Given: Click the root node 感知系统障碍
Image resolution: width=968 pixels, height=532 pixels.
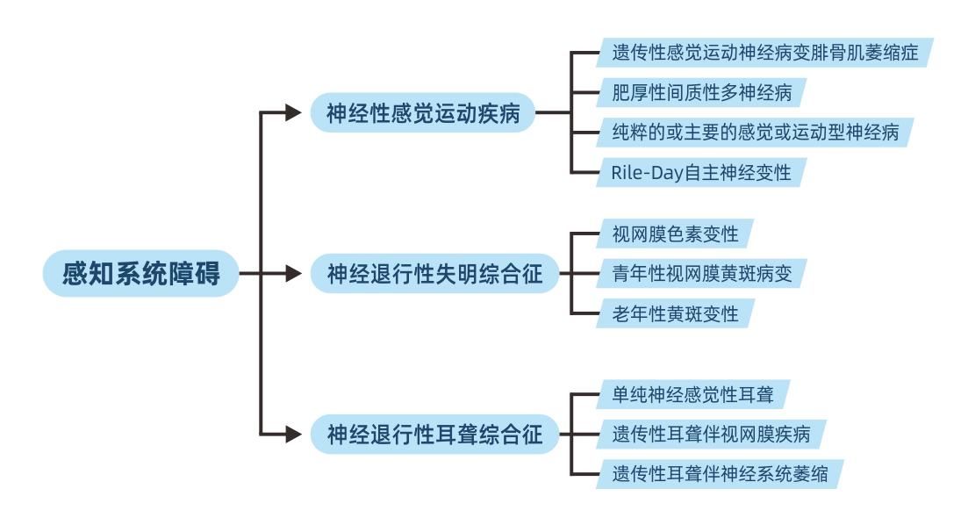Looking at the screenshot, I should [x=140, y=274].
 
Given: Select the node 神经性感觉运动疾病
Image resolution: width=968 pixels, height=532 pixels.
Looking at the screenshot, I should [x=423, y=113].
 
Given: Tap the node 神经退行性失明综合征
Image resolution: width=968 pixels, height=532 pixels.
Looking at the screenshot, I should [x=434, y=274].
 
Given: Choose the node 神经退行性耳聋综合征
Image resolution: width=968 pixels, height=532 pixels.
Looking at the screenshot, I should [x=434, y=435].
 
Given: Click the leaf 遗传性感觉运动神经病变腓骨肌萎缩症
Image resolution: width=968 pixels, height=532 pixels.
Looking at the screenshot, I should [x=764, y=53].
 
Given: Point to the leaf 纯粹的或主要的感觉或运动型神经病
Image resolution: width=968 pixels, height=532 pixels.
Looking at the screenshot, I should [x=755, y=133].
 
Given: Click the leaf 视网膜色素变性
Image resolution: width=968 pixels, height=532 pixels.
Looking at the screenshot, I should [x=675, y=234].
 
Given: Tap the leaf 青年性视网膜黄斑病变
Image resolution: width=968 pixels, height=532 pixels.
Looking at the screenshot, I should [x=701, y=274].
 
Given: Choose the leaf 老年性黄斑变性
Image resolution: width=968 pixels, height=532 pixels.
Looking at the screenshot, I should [x=675, y=313].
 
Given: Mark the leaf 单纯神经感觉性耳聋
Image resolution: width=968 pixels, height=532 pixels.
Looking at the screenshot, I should [x=692, y=394].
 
